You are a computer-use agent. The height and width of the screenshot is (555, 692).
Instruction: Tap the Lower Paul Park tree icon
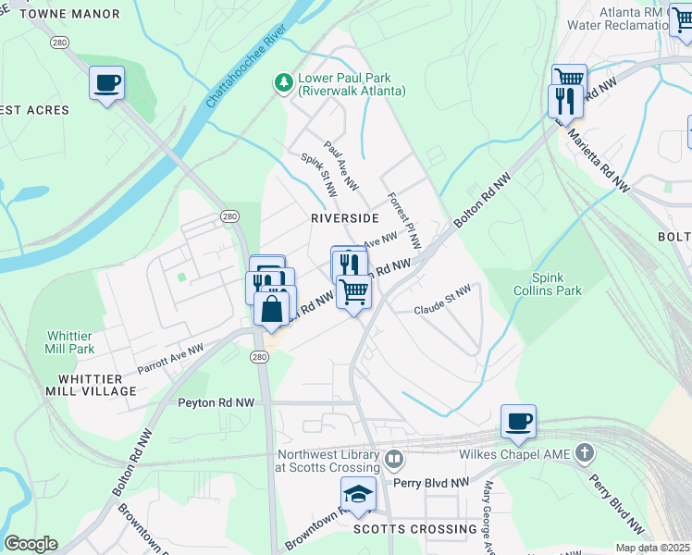pyautogui.click(x=283, y=84)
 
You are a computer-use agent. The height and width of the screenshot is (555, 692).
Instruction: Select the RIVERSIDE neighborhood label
pyautogui.click(x=345, y=218)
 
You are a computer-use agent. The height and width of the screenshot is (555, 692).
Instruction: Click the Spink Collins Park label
pyautogui.click(x=556, y=283)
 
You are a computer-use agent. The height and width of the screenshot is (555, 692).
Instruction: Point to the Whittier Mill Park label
pyautogui.click(x=70, y=342)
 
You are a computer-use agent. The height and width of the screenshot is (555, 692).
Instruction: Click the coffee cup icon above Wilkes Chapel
pyautogui.click(x=518, y=422)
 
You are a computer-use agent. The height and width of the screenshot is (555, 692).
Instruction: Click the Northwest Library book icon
pyautogui.click(x=393, y=459)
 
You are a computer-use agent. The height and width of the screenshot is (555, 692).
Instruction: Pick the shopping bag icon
pyautogui.click(x=271, y=309)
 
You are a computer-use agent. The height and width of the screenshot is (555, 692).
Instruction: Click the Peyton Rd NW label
pyautogui.click(x=216, y=403)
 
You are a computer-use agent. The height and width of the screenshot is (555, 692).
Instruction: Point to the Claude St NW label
pyautogui.click(x=442, y=300)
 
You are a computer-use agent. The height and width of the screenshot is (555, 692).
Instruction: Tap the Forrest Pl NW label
pyautogui.click(x=404, y=221)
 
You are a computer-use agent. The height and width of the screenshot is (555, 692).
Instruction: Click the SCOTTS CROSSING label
pyautogui.click(x=415, y=529)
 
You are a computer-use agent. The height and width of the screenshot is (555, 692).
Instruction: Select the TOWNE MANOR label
pyautogui.click(x=69, y=14)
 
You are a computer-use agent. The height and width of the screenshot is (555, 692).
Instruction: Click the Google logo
pyautogui.click(x=31, y=544)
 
